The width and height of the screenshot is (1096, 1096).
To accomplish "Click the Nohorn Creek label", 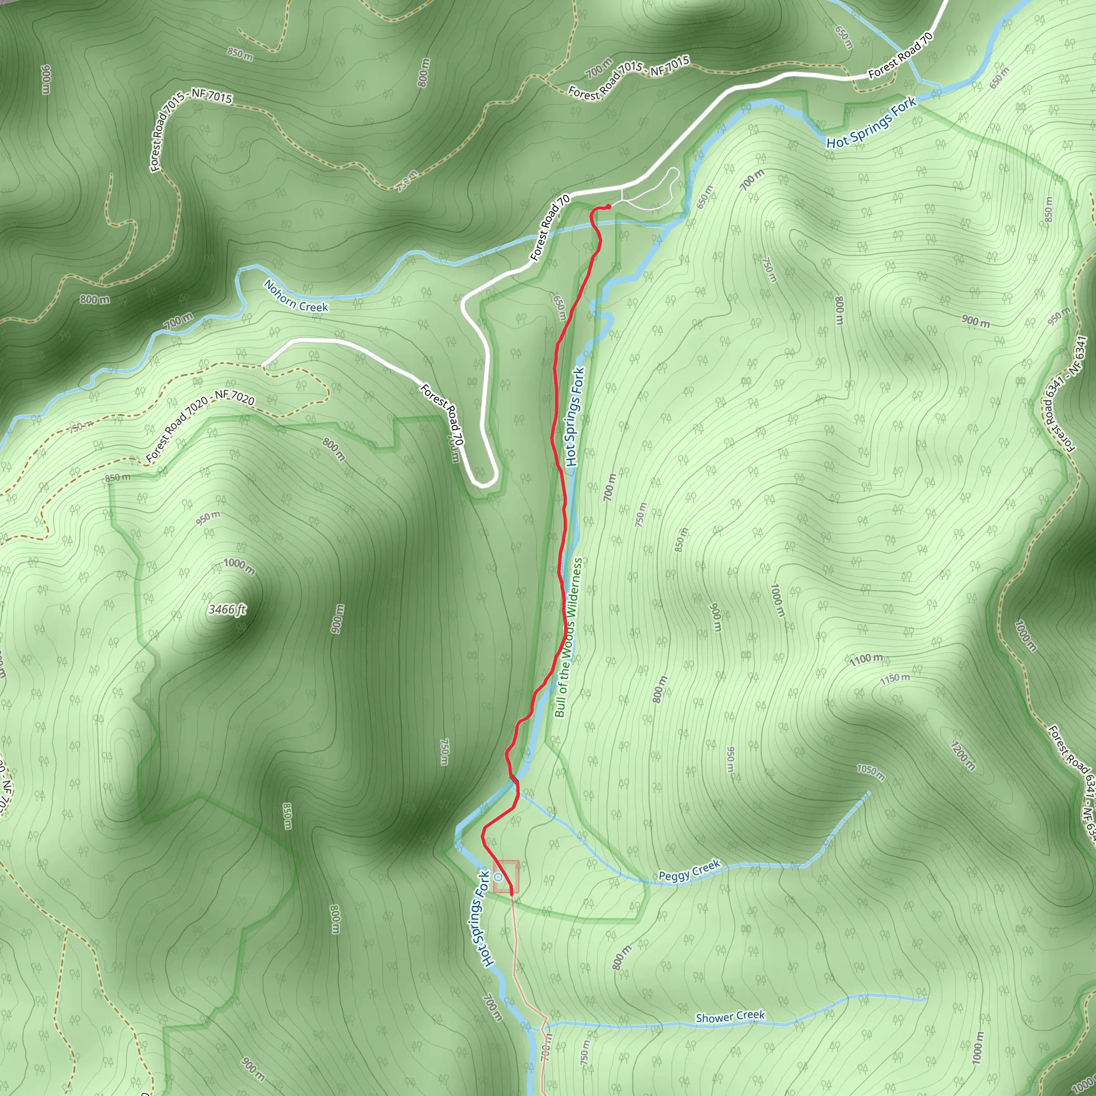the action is [295, 296].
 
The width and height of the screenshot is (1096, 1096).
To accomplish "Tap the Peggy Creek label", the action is [689, 871].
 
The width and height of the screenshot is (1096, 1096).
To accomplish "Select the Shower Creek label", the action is [730, 1017].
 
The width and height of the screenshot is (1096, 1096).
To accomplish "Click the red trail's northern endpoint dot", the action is [608, 207].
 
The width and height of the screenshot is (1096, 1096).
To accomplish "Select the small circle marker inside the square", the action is [498, 877].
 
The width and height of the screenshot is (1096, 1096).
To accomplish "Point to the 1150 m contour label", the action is [895, 679].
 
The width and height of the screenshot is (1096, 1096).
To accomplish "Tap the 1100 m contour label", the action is [866, 659].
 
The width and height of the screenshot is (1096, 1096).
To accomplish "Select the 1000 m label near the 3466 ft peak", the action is [239, 566].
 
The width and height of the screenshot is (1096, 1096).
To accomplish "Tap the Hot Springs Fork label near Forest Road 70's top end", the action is [871, 123].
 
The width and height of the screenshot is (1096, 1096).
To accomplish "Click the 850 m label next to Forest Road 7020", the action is [117, 478].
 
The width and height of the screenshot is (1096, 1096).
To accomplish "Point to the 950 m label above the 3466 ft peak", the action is [208, 517].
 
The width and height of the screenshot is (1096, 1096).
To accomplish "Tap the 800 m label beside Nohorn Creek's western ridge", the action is [95, 299].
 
